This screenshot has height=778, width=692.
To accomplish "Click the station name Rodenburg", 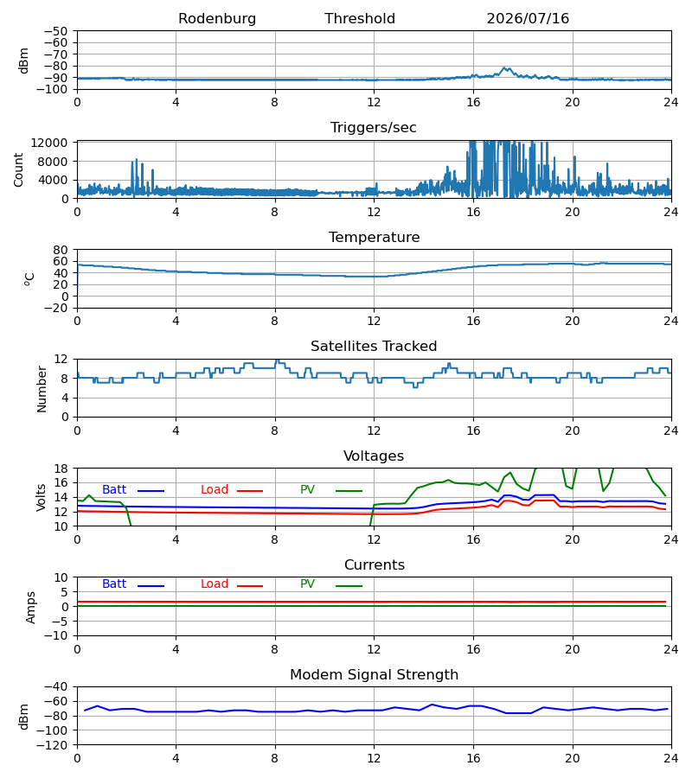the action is click(x=217, y=18).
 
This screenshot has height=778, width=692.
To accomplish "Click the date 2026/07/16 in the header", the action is click(x=528, y=18).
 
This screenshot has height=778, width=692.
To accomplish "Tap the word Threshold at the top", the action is click(x=360, y=18).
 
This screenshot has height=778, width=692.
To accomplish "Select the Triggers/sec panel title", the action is click(x=374, y=128).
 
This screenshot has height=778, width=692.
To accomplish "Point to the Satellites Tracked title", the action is click(x=374, y=347).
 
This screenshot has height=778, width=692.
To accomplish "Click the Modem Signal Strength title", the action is click(x=375, y=675).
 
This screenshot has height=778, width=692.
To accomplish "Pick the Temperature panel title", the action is click(x=374, y=237).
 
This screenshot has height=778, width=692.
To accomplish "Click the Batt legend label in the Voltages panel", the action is click(x=114, y=490).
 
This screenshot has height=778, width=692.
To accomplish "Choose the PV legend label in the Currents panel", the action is click(x=307, y=584).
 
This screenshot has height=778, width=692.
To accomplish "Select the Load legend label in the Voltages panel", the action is click(x=215, y=490).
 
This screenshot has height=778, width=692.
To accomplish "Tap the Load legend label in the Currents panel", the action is click(x=215, y=584).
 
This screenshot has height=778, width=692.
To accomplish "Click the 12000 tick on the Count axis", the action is click(x=49, y=143).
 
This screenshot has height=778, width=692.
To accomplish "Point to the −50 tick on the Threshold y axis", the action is click(x=55, y=31).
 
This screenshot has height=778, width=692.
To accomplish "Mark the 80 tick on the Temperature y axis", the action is click(x=61, y=250).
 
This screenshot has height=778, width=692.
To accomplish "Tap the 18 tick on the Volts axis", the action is click(x=61, y=469).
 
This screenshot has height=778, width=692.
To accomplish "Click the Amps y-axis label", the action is click(x=31, y=608).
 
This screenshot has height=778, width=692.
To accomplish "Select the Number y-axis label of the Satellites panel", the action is click(x=42, y=390).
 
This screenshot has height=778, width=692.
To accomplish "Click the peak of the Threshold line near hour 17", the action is click(x=504, y=67).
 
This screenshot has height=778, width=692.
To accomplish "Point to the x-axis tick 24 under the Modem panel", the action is click(x=671, y=758).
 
